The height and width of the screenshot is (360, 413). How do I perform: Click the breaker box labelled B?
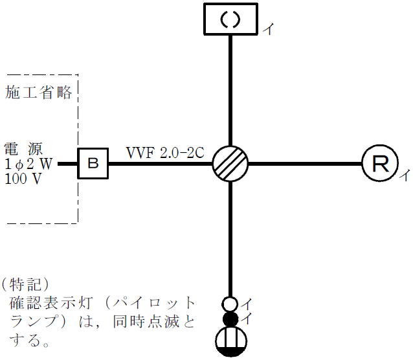click(93, 163)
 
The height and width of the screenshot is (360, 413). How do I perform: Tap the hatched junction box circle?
click(230, 163)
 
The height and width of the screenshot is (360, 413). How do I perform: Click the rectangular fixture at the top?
click(231, 19)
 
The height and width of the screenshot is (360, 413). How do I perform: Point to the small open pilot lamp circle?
click(230, 303)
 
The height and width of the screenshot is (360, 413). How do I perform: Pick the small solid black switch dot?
click(230, 318)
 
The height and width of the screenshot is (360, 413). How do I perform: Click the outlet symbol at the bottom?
click(230, 341)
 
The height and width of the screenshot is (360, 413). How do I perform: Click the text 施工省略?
click(38, 92)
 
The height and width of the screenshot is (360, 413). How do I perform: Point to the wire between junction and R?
click(304, 163)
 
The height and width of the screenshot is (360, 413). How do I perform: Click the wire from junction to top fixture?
click(230, 91)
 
